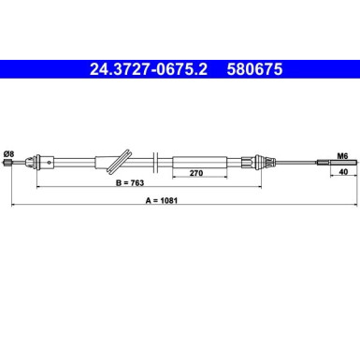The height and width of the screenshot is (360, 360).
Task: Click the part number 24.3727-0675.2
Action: click(149, 69)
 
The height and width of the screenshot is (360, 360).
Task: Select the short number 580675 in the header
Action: click(254, 69)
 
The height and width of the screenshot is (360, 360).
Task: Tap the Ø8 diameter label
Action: click(8, 154)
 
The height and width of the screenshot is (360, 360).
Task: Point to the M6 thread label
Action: click(342, 156)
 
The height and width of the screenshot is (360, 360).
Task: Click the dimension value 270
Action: click(196, 173)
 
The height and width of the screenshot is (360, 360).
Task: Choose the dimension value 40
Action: click(343, 172)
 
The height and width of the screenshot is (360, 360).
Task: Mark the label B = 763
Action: click(130, 182)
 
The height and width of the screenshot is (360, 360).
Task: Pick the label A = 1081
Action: click(162, 200)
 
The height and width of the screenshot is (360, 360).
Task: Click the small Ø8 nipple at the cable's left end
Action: click(7, 162)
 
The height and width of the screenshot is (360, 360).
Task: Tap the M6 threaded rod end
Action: click(337, 162)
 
